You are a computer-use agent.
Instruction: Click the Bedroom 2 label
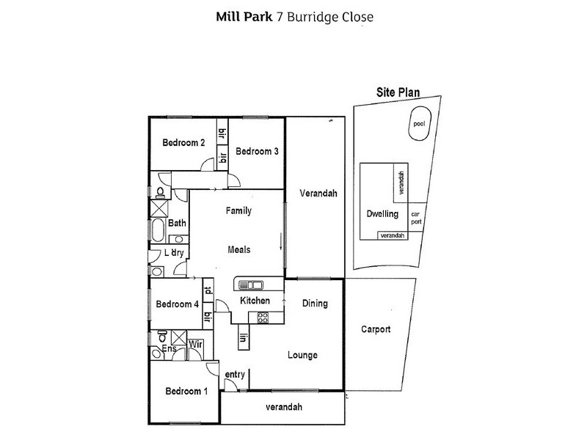(x=183, y=143)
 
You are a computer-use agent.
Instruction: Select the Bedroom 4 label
(x=177, y=304)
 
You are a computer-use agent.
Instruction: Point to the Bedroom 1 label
(x=186, y=391)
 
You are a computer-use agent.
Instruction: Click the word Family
(x=238, y=211)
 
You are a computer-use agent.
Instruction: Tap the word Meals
(x=238, y=249)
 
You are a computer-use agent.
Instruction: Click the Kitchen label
(x=255, y=301)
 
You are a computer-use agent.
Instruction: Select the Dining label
(x=315, y=304)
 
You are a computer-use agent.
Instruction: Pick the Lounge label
(x=302, y=355)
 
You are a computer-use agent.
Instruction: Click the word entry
(x=235, y=375)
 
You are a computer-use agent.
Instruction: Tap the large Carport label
(x=376, y=329)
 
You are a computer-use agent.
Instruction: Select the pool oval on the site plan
(x=418, y=125)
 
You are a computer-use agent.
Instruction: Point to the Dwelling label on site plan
(x=382, y=214)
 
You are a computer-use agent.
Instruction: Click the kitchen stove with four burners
(x=262, y=317)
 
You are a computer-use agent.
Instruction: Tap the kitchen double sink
(x=249, y=285)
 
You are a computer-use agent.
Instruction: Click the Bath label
(x=177, y=224)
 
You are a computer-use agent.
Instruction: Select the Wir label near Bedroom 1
(x=195, y=343)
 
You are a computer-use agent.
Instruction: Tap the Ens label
(x=169, y=348)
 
